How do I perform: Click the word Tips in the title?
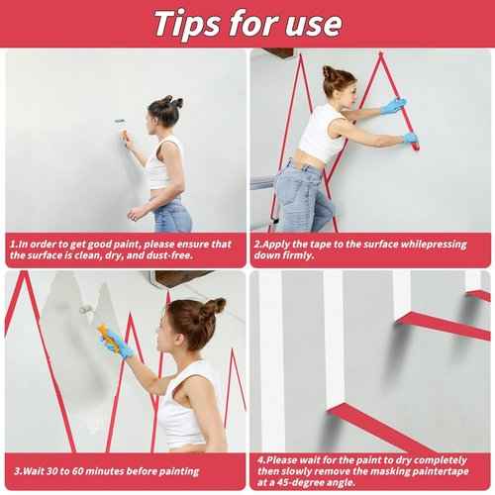187,24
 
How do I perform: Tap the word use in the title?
313,25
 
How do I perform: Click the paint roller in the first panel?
122,132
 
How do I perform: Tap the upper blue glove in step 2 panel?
394,106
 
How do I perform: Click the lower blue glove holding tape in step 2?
411,138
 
